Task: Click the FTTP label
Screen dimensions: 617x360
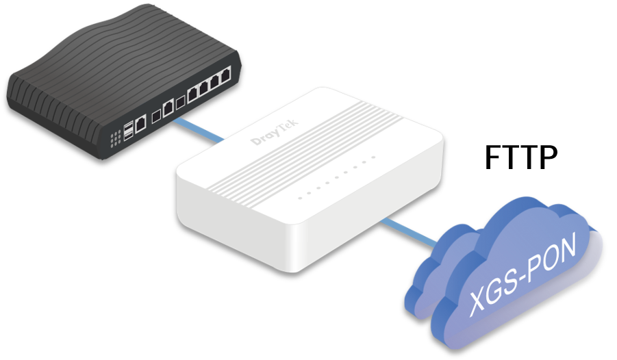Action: tap(521, 157)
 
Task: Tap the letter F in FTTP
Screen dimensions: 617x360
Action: tap(492, 157)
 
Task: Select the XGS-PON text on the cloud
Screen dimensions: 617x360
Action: tap(523, 274)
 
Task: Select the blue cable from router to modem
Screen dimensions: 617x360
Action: tap(199, 129)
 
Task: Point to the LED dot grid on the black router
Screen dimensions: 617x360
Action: tap(115, 139)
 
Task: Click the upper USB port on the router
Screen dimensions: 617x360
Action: tap(128, 128)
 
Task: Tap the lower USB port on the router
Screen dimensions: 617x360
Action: tap(128, 136)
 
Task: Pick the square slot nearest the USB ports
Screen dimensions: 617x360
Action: tap(156, 116)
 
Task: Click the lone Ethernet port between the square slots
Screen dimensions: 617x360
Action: tap(168, 107)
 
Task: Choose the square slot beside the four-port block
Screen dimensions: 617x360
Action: tap(180, 103)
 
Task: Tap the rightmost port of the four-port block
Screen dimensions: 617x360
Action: tap(226, 75)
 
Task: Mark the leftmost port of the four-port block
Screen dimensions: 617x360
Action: tap(193, 94)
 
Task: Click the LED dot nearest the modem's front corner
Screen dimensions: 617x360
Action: tap(300, 198)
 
